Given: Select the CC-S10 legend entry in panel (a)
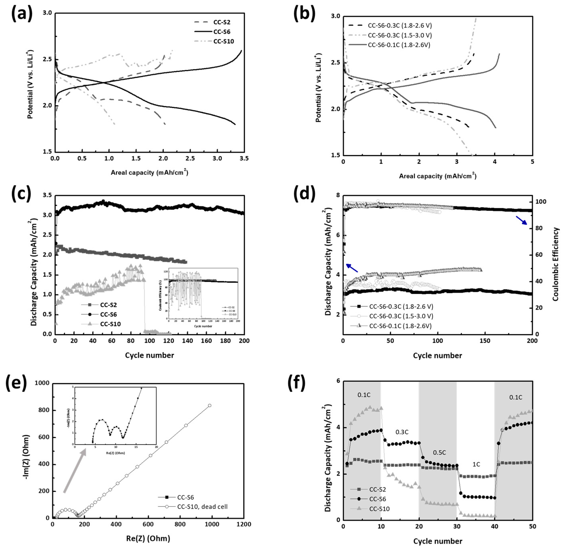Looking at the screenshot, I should [223, 41].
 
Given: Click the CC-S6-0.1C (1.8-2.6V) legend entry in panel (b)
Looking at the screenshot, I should [399, 45].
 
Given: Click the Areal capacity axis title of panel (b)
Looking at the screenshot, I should [438, 176].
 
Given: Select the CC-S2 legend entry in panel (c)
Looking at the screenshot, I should [108, 305].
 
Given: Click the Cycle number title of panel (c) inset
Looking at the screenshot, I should [203, 326].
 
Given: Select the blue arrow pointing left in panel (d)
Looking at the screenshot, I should [352, 268].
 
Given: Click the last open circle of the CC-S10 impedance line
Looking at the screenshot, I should [210, 406].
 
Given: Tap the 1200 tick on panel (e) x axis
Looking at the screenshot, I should [244, 524].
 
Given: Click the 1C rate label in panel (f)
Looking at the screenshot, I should [476, 464].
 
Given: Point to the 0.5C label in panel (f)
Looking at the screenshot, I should [440, 452].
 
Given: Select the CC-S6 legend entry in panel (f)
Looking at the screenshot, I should [377, 499].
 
